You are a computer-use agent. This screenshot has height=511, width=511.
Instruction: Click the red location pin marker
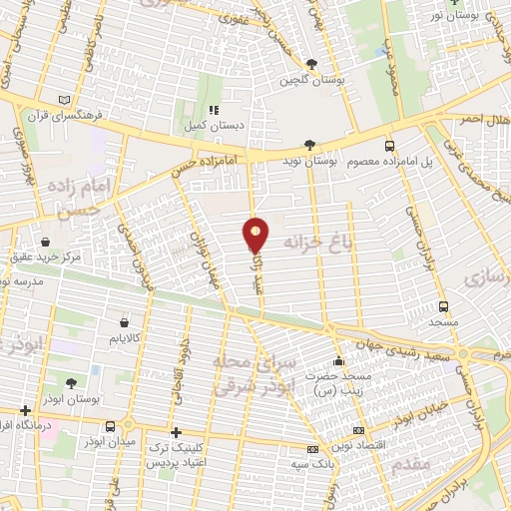click(x=256, y=234)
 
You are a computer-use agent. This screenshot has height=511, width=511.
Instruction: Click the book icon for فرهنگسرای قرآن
click(x=65, y=101)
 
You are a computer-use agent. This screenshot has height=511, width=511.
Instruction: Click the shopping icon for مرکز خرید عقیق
click(x=46, y=241)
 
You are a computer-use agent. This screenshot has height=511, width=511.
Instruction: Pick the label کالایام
click(x=123, y=339)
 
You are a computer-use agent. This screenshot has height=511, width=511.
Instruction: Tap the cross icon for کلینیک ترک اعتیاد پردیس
click(x=177, y=433)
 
